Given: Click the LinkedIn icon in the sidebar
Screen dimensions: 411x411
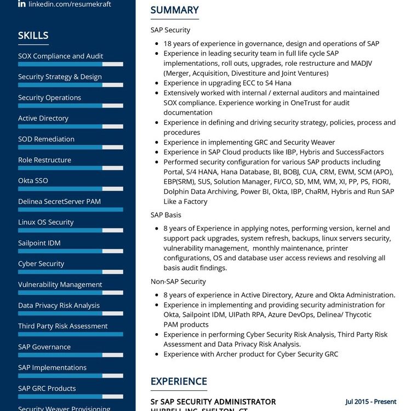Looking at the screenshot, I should click(22, 4).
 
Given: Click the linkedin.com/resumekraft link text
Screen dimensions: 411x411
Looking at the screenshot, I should click(70, 4).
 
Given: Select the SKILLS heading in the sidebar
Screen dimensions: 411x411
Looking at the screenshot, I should click(33, 36).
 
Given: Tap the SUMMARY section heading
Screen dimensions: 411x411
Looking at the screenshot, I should click(174, 10).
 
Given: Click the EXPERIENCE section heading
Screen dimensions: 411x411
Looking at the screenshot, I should click(179, 381).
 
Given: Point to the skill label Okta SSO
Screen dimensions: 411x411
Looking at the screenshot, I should click(33, 180).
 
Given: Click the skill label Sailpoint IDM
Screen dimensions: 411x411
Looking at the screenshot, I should click(39, 243).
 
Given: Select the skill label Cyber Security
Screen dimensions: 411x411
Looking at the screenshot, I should click(41, 264).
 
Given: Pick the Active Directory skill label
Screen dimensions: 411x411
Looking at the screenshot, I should click(43, 118).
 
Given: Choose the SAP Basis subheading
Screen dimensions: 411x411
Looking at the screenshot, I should click(166, 215).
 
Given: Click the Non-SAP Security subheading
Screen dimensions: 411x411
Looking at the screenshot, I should click(178, 281).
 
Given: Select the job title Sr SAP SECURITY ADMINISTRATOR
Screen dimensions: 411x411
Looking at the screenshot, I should click(213, 402).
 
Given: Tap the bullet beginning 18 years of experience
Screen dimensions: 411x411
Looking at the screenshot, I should click(271, 43).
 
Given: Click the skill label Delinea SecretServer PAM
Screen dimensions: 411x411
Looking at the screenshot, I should click(59, 201).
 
